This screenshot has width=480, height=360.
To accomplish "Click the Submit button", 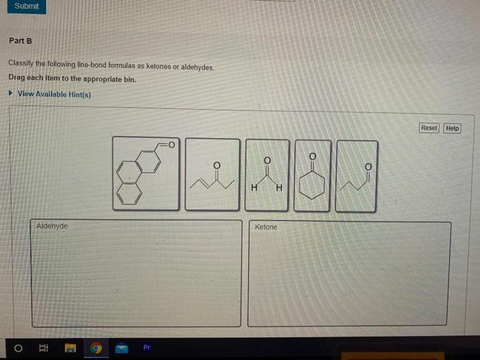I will (26, 6).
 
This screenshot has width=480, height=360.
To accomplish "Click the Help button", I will (452, 128).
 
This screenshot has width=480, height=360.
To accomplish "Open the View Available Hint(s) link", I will (54, 94).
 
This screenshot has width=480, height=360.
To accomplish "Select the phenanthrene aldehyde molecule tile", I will (147, 173).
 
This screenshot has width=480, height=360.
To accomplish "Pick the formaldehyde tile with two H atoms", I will (267, 174).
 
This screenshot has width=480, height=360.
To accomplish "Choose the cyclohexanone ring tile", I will (313, 174).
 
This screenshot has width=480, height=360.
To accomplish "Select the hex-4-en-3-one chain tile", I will (212, 174).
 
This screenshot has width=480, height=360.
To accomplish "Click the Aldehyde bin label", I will (52, 226).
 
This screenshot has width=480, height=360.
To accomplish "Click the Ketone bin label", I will (266, 227).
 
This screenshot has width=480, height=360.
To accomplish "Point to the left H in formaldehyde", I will (255, 188).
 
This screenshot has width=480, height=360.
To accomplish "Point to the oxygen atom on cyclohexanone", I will (313, 156).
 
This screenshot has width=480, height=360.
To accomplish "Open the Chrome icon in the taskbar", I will (97, 349).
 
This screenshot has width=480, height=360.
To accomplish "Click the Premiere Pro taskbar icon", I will (146, 348).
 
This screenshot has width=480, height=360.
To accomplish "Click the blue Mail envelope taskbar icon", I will (121, 349).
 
